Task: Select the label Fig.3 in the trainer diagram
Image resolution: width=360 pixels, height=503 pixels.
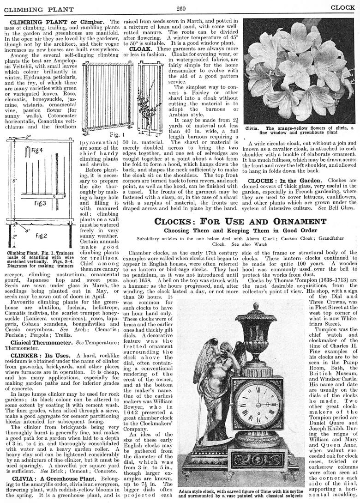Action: [28, 203]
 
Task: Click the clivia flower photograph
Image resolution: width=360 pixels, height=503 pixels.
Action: [301, 69]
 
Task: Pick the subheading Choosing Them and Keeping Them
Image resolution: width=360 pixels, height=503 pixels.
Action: [241, 230]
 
